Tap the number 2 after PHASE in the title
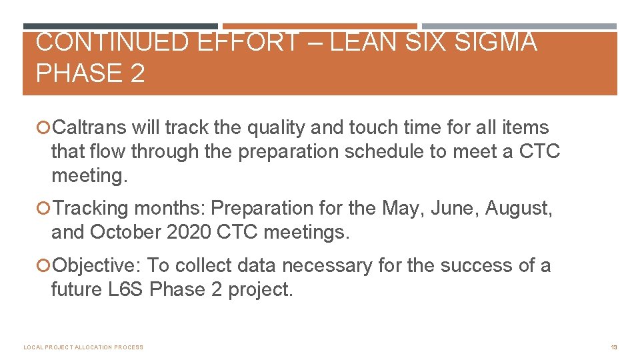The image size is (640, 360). click(137, 73)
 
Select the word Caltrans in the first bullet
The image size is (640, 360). click(89, 127)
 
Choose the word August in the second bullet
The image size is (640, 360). click(518, 208)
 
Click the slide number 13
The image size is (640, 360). click(613, 347)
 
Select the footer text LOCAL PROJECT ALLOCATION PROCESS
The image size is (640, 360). click(83, 347)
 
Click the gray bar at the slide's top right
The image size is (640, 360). click(519, 27)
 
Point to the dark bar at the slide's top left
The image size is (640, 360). click(120, 27)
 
